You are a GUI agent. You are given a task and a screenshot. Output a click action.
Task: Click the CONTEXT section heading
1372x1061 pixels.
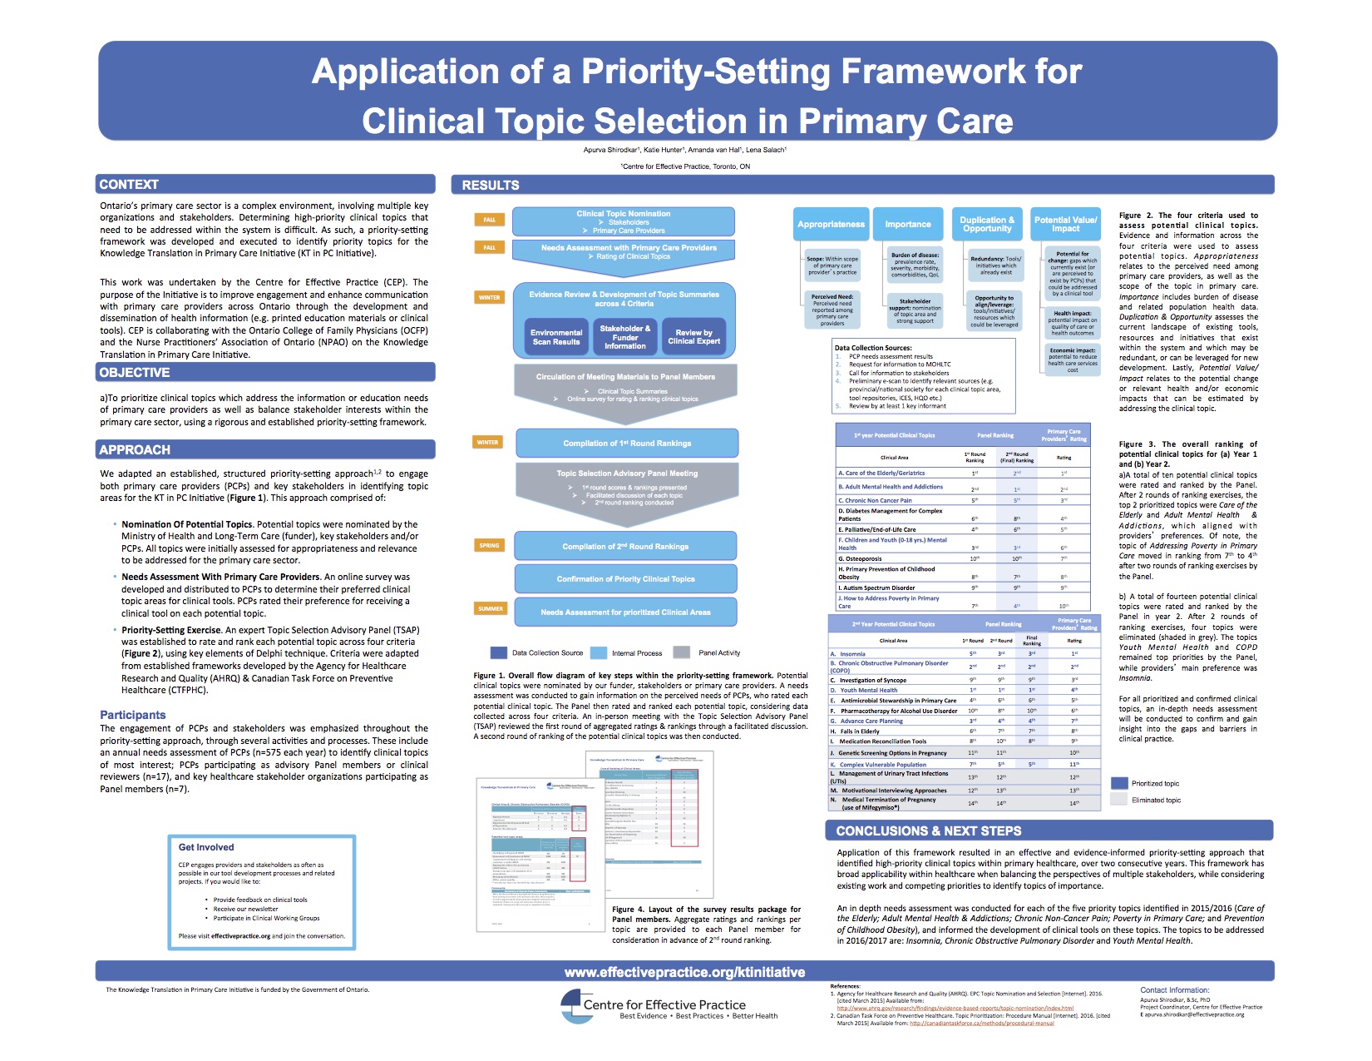(x=129, y=185)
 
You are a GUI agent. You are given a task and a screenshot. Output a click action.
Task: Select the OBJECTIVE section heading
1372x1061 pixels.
(x=135, y=373)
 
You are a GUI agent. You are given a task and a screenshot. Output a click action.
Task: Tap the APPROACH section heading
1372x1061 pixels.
(x=135, y=450)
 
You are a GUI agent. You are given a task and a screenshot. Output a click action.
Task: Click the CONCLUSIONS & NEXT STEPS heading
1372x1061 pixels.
(x=928, y=831)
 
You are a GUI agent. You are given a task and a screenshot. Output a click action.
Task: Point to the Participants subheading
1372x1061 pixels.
(x=133, y=715)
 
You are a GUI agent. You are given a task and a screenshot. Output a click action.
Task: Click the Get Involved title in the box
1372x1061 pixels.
(x=206, y=847)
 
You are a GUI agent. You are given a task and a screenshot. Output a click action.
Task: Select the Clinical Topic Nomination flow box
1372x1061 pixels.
(x=623, y=221)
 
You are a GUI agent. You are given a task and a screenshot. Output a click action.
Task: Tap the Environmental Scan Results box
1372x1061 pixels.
(x=556, y=337)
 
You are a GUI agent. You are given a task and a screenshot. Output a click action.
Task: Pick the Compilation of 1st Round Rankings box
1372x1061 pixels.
(x=627, y=444)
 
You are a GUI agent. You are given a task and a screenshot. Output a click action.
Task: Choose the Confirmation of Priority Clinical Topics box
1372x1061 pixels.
(x=625, y=579)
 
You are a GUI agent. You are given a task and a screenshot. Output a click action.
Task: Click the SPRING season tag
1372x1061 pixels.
(x=489, y=546)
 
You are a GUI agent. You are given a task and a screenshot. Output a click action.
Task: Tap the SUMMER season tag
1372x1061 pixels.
(x=491, y=608)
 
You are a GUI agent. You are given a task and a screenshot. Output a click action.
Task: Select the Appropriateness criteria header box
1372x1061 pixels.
(x=831, y=224)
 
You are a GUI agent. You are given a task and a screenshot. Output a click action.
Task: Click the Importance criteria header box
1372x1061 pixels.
(x=907, y=224)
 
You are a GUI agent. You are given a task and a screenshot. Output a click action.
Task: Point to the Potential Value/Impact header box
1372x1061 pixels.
(x=1065, y=224)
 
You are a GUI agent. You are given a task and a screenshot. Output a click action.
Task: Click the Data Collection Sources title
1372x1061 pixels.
(x=873, y=348)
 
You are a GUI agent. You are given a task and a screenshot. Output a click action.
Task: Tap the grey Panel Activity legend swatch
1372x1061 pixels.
(x=682, y=653)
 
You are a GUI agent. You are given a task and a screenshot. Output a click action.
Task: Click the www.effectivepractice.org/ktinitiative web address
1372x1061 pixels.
(x=684, y=972)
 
